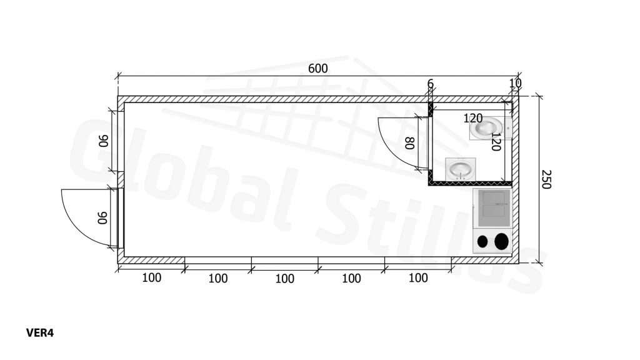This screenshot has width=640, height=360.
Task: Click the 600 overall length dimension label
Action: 317,69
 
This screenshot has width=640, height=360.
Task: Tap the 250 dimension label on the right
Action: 546,179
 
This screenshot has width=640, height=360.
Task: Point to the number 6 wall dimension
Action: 430,84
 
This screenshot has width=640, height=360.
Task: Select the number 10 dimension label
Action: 516,83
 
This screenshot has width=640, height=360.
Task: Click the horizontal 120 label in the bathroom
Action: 473,118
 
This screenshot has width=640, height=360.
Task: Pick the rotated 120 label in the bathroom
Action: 496,142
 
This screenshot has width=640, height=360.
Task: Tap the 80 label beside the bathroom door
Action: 410,143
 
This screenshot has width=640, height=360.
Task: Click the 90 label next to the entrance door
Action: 102,217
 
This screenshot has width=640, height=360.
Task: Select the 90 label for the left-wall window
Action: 103,141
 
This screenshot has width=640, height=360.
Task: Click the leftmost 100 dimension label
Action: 151,278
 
